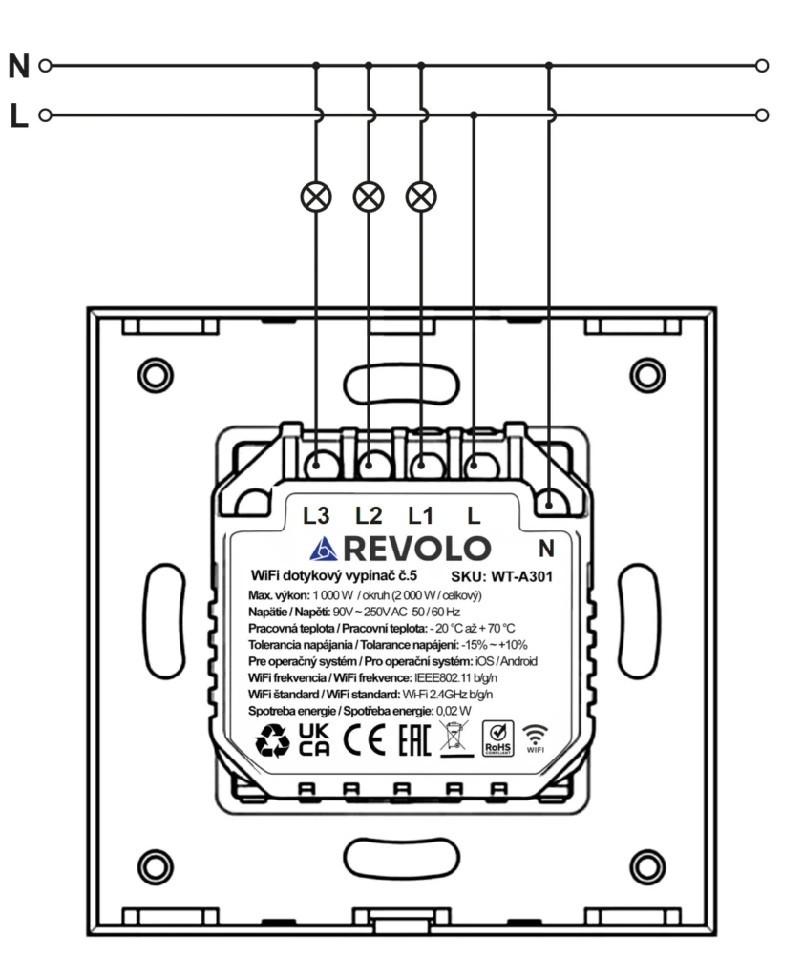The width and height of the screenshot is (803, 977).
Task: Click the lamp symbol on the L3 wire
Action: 316,197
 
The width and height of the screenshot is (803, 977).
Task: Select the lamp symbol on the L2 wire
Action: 369,197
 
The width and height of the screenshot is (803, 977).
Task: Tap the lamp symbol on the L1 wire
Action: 421,197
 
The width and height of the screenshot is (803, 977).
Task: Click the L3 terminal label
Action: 316,515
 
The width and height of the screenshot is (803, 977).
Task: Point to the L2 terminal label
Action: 369,515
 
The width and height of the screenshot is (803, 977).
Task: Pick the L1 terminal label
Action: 420,515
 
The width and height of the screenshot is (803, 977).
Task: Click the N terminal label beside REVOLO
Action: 546,549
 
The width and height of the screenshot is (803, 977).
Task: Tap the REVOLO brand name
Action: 416,549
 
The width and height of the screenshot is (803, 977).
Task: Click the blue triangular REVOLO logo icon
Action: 324,549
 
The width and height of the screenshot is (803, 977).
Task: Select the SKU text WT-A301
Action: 522,576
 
